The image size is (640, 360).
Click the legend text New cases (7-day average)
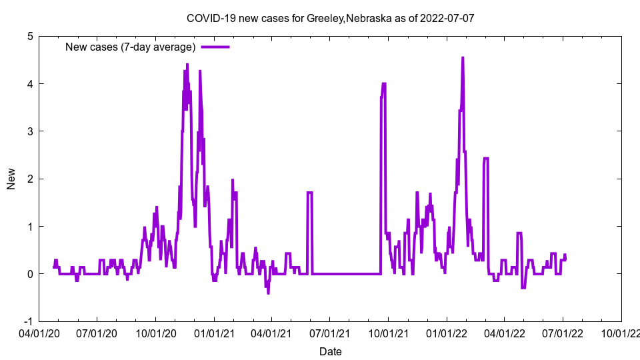click(130, 47)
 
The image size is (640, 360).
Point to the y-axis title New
click(11, 179)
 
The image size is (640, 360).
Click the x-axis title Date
click(330, 351)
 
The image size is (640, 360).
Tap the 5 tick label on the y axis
click(31, 36)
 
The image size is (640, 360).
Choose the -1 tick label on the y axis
click(28, 321)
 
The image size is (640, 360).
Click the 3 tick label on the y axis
click(31, 131)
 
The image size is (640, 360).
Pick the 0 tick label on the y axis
click(31, 274)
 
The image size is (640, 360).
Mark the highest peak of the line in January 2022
click(463, 58)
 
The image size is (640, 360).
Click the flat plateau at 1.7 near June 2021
click(310, 193)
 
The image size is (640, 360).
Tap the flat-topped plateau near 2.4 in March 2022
click(486, 159)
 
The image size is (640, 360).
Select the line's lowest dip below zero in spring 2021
click(268, 293)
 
